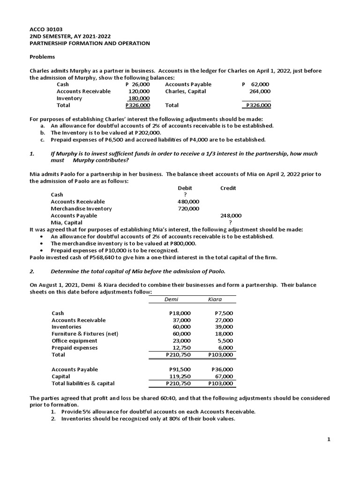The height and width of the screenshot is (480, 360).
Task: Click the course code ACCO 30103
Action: [46, 29]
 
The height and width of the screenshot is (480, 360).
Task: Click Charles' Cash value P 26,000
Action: [138, 84]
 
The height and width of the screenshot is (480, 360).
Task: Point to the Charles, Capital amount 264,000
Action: [260, 91]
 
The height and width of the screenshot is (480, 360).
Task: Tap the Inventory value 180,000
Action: [139, 98]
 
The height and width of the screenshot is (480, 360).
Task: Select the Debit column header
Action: [185, 188]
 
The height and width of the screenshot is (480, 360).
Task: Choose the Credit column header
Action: [228, 188]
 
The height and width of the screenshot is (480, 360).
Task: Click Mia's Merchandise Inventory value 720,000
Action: [188, 209]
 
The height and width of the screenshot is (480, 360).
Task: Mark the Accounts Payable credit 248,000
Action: [231, 216]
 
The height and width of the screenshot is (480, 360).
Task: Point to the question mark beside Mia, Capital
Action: [230, 223]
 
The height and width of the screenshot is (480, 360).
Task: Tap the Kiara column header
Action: [215, 299]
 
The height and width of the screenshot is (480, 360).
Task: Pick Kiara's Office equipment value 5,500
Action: [225, 341]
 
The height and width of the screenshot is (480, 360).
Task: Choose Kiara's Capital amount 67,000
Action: [224, 376]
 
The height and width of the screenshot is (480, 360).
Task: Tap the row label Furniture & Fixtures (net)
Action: [85, 334]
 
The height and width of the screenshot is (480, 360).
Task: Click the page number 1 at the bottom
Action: [329, 439]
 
